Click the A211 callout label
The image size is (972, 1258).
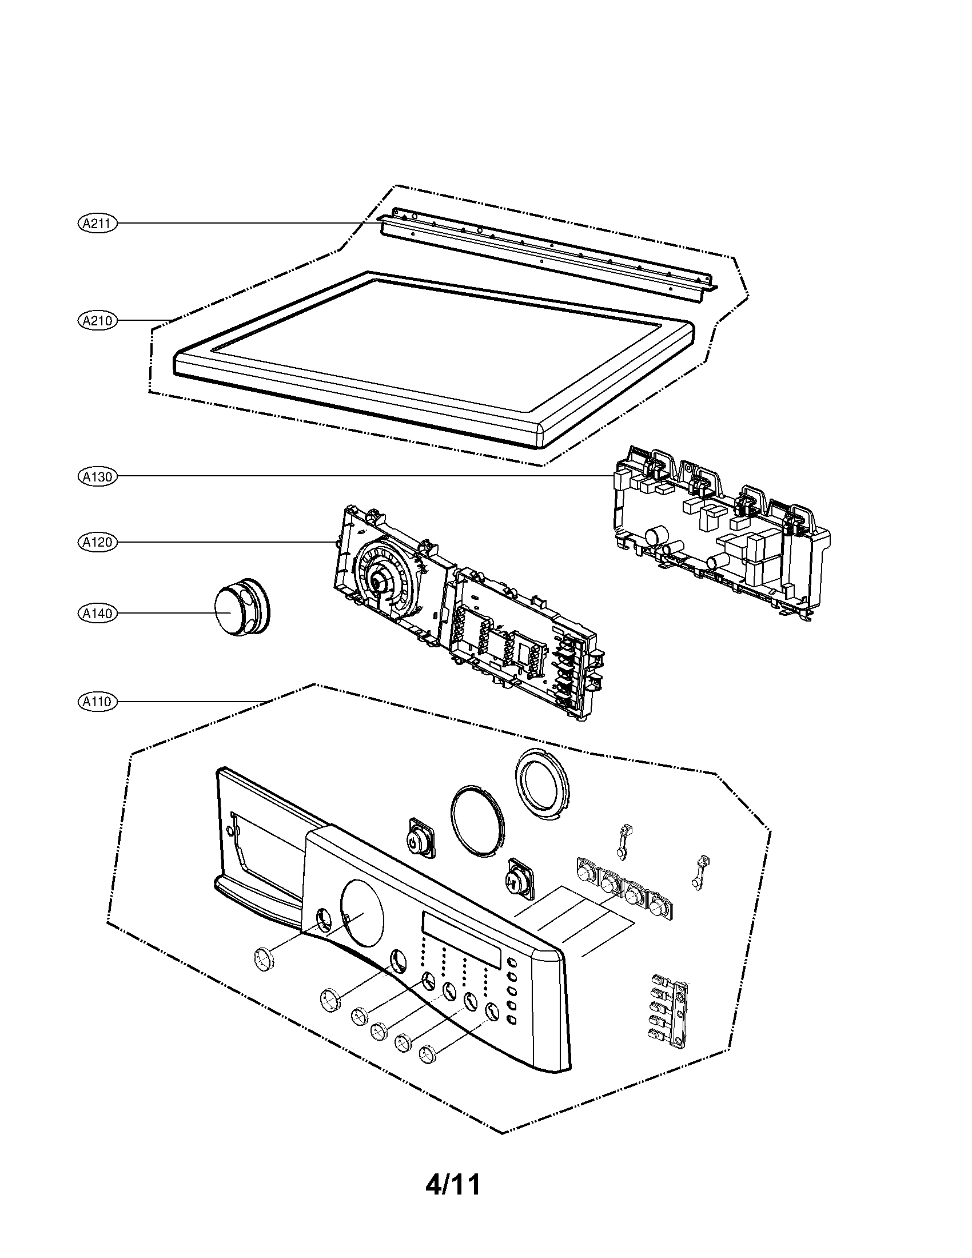(97, 224)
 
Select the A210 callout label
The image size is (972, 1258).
(97, 320)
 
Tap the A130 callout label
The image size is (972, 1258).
(97, 476)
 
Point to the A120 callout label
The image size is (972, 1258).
(97, 542)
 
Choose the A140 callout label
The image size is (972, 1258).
(97, 614)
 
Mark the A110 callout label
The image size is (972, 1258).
(97, 702)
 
